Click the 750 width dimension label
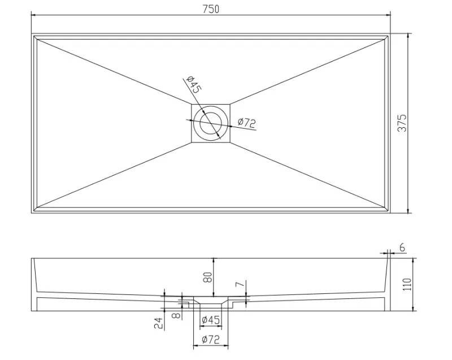coord(210,9)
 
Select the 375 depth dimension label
coord(402,123)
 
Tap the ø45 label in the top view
coord(193,86)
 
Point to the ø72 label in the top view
coord(247,122)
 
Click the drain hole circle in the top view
coord(211,122)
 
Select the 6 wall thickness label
coord(402,246)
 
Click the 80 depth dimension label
coord(207,277)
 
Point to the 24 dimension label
coord(158,323)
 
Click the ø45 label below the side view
coord(211,320)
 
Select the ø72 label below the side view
coord(210,340)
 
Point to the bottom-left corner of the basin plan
coord(32,213)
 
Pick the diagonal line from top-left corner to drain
coord(113,70)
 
